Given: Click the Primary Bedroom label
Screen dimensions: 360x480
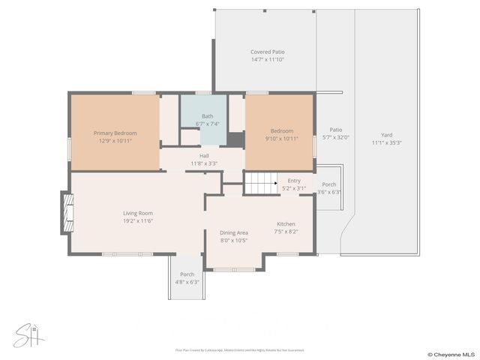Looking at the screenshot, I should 115,133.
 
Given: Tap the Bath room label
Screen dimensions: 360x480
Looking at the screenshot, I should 207,116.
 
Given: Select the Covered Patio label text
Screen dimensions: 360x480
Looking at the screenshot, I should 268,52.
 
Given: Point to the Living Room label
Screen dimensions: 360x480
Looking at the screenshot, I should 138,213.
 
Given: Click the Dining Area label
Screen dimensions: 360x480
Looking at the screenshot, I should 234,232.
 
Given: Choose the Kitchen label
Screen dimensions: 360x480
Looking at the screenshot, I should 286,223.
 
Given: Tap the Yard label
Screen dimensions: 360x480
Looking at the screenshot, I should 386,135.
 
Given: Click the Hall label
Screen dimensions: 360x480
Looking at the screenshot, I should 204,155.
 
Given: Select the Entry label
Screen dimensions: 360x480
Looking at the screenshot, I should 293,180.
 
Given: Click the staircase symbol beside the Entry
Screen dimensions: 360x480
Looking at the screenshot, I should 262,182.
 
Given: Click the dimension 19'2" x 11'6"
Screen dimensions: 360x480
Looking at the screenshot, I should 138,221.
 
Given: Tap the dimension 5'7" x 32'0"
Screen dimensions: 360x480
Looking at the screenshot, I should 336,137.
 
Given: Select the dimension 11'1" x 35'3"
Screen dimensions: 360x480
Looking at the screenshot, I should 386,143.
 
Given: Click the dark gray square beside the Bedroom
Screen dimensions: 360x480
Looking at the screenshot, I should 236,140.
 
